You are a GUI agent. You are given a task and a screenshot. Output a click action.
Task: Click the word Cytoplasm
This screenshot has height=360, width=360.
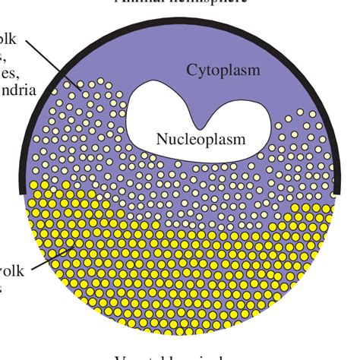(224, 71)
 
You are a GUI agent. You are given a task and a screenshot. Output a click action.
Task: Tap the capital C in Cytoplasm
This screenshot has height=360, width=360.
(192, 71)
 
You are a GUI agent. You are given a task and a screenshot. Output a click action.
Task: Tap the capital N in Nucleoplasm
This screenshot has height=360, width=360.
(161, 139)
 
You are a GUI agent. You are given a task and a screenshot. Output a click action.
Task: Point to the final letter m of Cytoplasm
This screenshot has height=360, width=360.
(254, 71)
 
